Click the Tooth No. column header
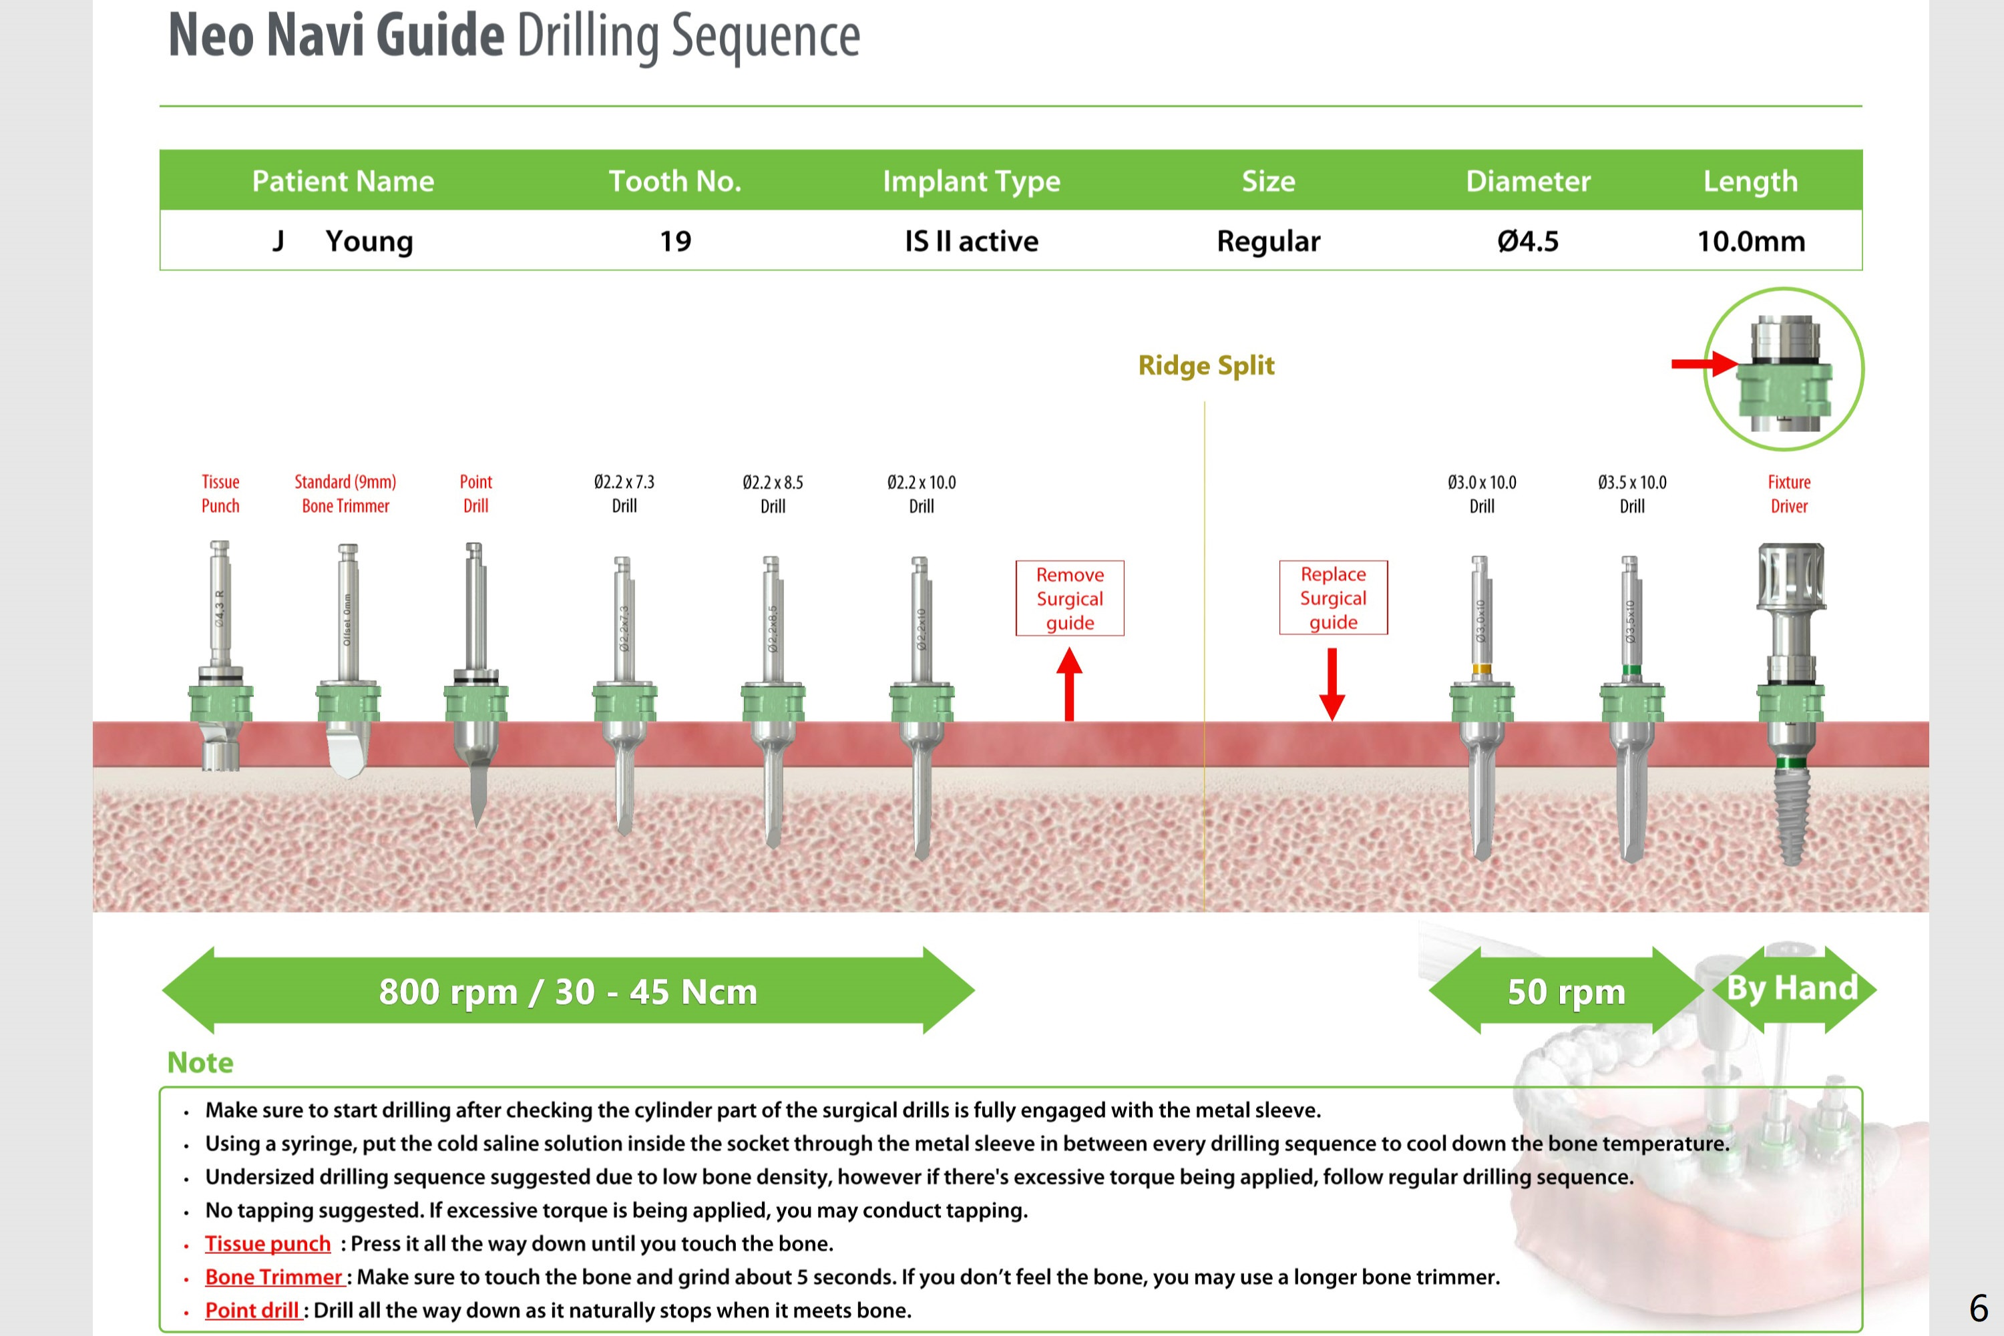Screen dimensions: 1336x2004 (x=675, y=181)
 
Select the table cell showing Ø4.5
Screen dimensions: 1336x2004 (x=1528, y=241)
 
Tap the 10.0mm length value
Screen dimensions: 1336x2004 (x=1751, y=241)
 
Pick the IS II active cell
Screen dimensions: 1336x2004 (x=972, y=241)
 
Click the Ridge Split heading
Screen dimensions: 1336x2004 (x=1205, y=365)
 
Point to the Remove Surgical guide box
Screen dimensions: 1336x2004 (x=1069, y=598)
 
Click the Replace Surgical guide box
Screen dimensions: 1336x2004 (x=1333, y=598)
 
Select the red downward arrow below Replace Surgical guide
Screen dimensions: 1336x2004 (x=1332, y=683)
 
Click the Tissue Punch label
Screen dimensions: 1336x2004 (x=220, y=493)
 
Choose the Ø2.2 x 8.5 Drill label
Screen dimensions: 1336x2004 (x=772, y=494)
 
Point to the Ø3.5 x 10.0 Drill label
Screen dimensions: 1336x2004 (x=1631, y=494)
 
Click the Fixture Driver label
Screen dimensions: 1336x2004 (x=1788, y=494)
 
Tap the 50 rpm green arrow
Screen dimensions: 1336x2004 (x=1566, y=991)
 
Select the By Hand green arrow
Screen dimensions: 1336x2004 (x=1792, y=988)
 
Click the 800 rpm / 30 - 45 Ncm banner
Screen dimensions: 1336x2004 (x=568, y=991)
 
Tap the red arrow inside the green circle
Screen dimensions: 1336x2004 (x=1704, y=364)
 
